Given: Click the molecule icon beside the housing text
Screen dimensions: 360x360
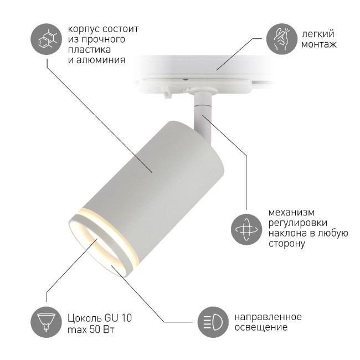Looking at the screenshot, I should pyautogui.click(x=47, y=38).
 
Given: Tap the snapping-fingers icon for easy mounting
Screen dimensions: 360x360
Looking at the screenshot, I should pyautogui.click(x=280, y=38).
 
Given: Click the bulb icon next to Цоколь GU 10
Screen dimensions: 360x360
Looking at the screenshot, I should pyautogui.click(x=47, y=322).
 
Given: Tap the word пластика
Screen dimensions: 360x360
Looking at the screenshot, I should pyautogui.click(x=86, y=49).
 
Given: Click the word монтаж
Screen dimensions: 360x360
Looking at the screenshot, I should pyautogui.click(x=318, y=44).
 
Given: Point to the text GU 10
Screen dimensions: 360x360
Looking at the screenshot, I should pyautogui.click(x=118, y=317).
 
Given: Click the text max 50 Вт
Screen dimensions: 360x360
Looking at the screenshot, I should pyautogui.click(x=91, y=329).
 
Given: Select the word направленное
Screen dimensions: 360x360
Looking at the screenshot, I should pyautogui.click(x=268, y=317).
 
